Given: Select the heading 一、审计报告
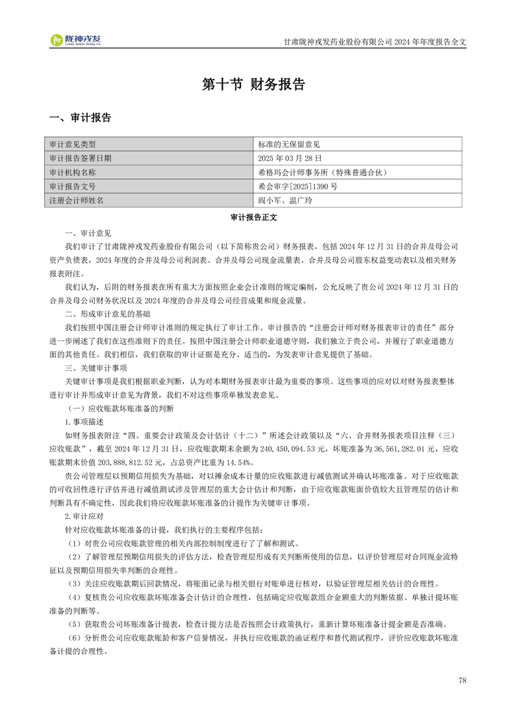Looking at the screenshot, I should (x=81, y=118).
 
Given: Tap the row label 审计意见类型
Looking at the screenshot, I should (x=73, y=144).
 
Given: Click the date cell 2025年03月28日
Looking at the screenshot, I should (x=290, y=158).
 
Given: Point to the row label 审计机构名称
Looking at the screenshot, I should (x=73, y=172).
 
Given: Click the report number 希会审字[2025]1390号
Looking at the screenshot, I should (x=297, y=186).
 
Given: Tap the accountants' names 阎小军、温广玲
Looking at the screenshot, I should (x=285, y=200).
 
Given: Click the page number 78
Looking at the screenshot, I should (x=462, y=681).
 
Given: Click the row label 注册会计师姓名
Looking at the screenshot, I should (x=77, y=200).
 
